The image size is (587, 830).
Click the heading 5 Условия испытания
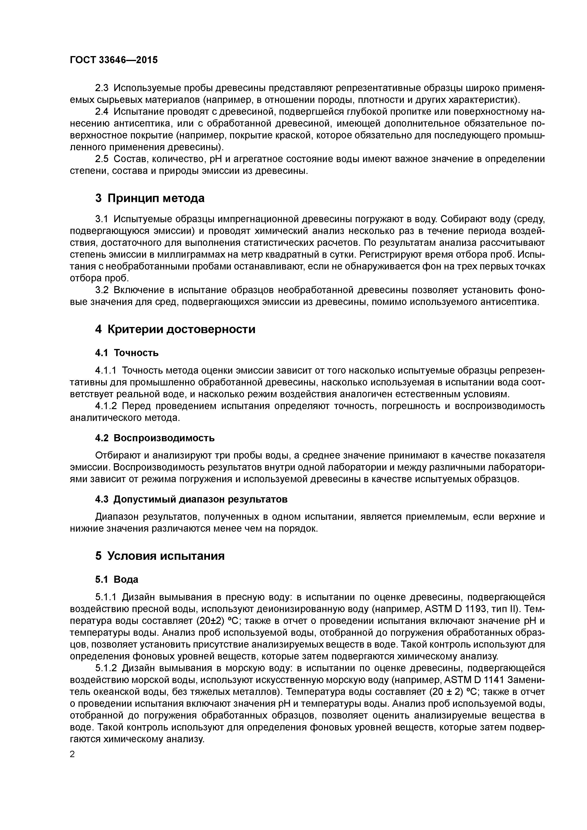point(160,556)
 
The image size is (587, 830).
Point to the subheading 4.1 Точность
point(127,353)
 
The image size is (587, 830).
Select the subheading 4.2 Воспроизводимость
point(155,438)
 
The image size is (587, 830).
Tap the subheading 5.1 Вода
point(116,579)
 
